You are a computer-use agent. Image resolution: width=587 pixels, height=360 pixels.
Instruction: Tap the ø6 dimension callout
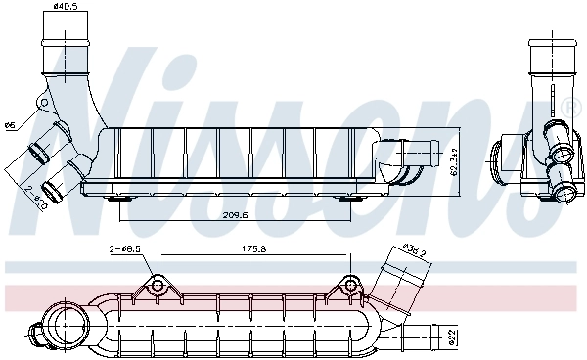(10, 124)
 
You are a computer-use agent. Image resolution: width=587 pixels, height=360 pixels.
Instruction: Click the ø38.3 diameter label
(417, 249)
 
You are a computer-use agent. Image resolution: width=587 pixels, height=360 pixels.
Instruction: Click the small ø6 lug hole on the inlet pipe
(43, 101)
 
